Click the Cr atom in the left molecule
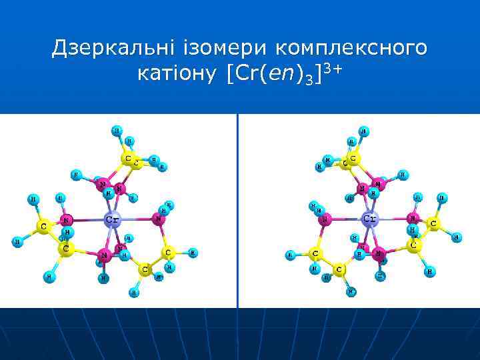[113, 219]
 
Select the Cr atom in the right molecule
[369, 219]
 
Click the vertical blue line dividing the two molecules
[237, 211]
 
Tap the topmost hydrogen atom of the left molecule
[117, 130]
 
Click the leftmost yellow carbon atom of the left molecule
[44, 227]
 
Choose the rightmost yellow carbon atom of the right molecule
[434, 224]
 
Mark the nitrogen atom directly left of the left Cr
[66, 219]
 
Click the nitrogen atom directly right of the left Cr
[159, 217]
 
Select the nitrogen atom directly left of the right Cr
[324, 218]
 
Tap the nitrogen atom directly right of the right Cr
[413, 219]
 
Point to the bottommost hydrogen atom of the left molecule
[135, 291]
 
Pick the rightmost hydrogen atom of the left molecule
[193, 253]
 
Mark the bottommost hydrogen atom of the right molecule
[352, 291]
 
